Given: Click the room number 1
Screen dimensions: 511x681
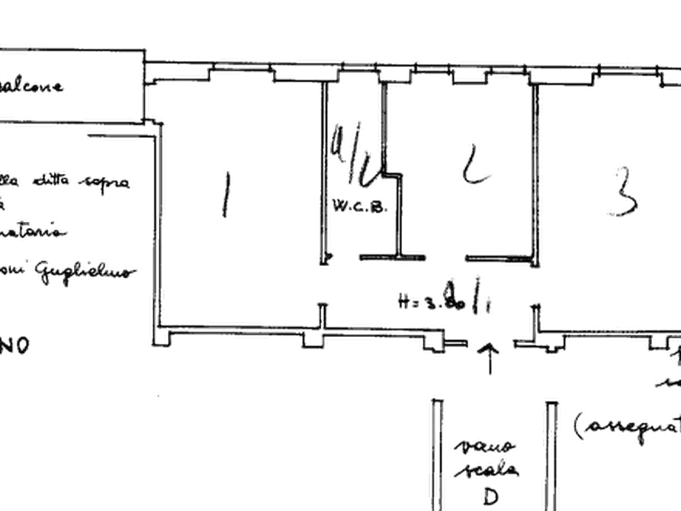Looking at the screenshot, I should coord(225,196).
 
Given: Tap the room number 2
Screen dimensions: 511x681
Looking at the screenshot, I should coord(474,166).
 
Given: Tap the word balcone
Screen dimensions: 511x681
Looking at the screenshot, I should coord(31,86).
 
